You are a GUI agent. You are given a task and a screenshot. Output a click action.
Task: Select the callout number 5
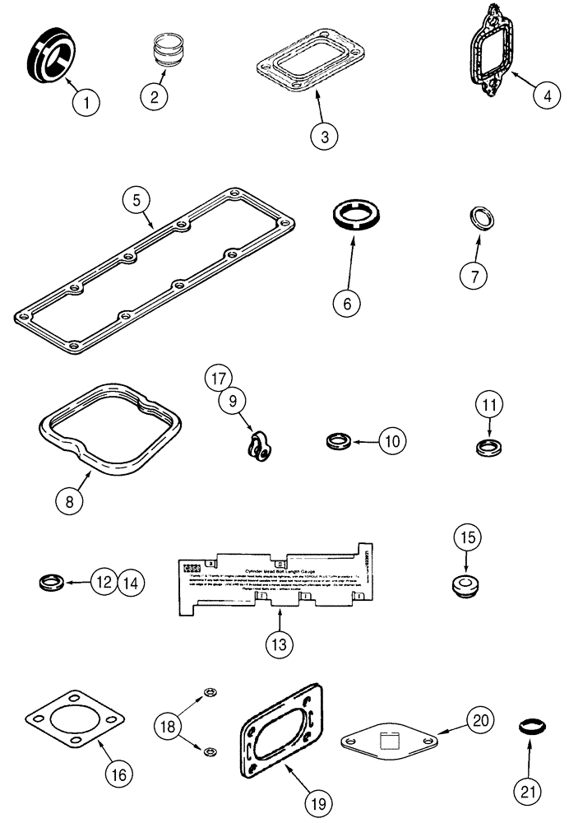(136, 200)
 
